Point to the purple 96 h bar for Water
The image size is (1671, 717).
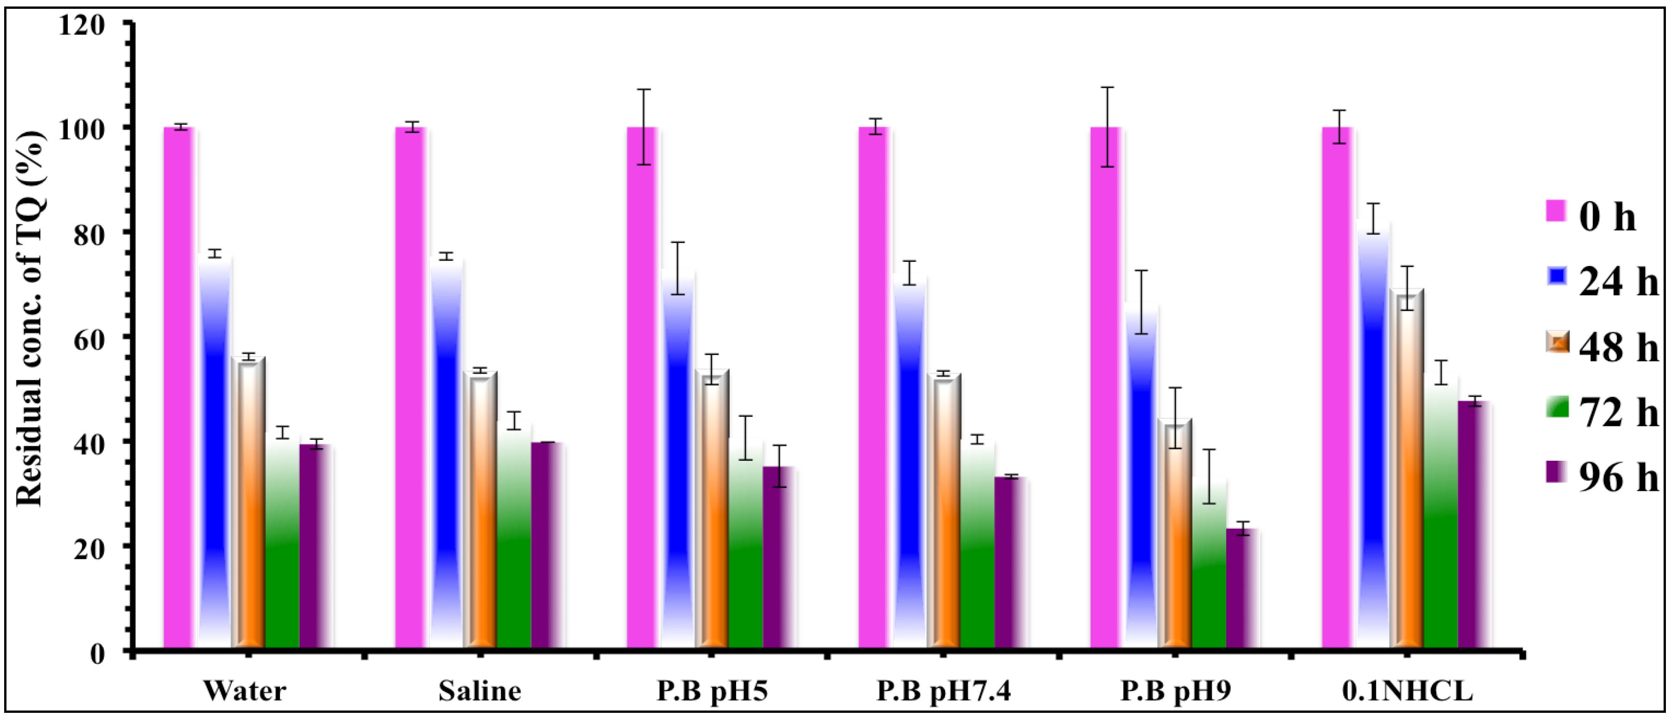pyautogui.click(x=316, y=546)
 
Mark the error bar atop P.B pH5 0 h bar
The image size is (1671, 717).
pyautogui.click(x=643, y=127)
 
